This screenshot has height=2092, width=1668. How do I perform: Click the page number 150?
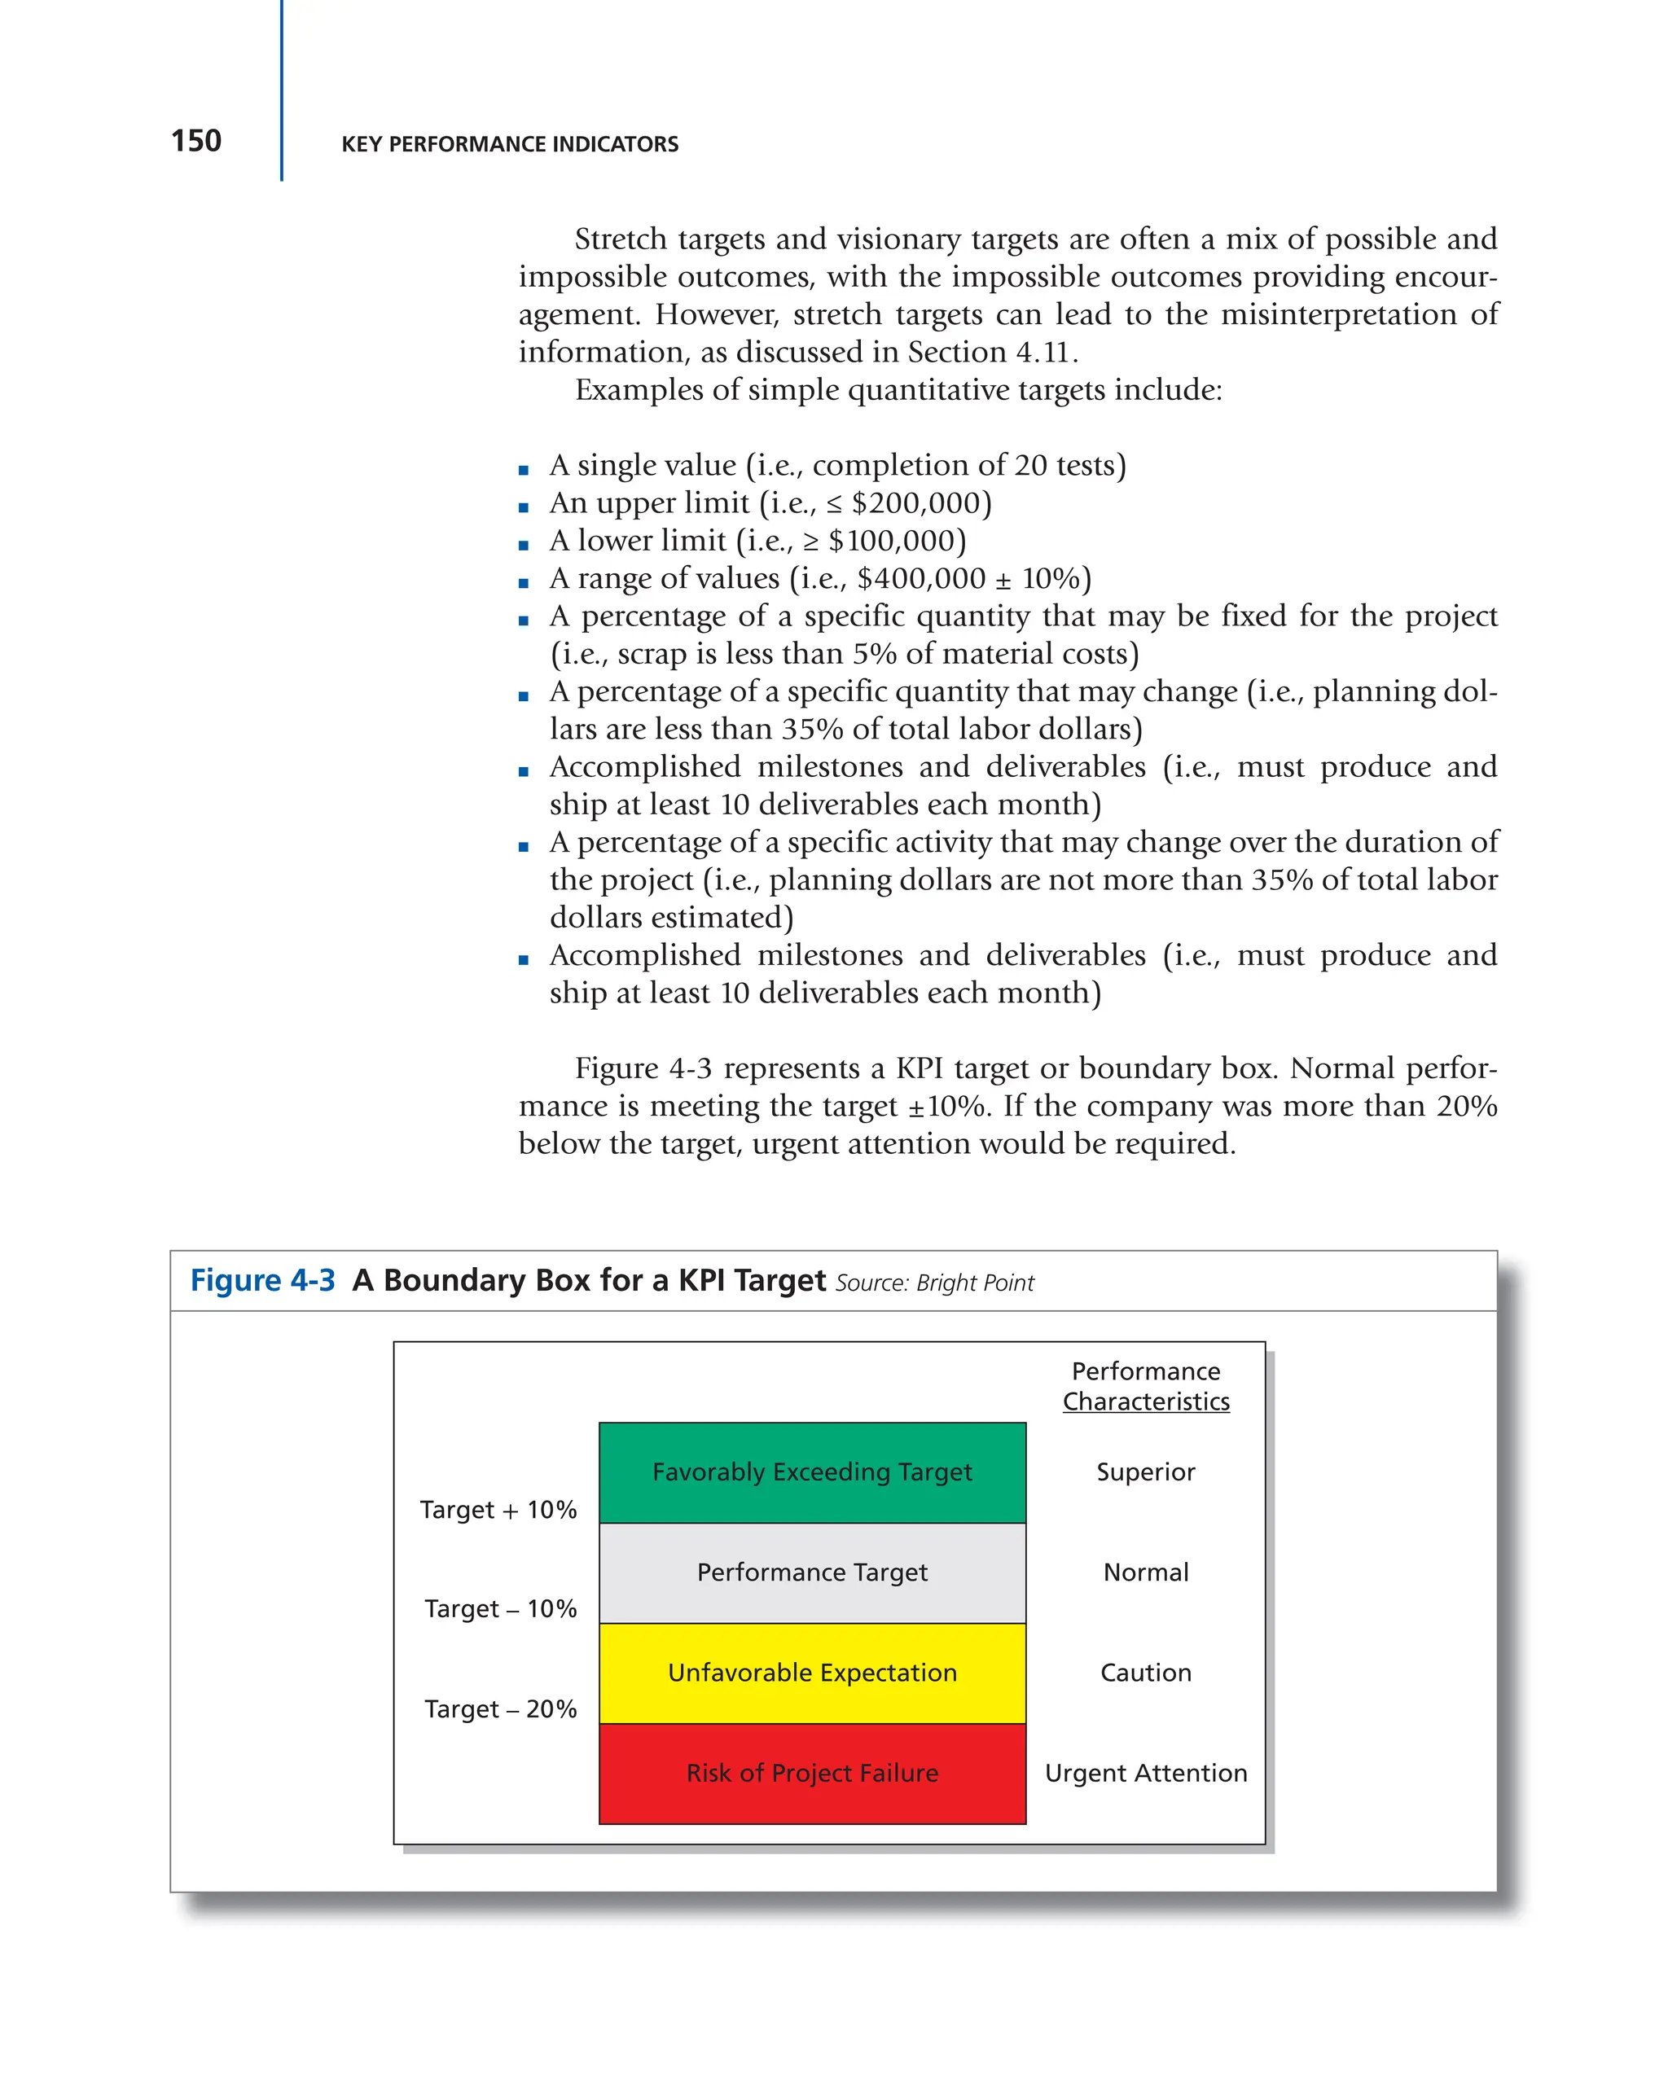[x=196, y=142]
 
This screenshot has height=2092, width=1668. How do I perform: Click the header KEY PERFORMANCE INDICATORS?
[x=509, y=145]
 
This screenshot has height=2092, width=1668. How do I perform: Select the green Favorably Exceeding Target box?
[x=811, y=1472]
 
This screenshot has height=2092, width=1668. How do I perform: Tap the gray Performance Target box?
[x=811, y=1572]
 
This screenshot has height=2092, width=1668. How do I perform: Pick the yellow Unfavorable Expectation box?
[x=811, y=1673]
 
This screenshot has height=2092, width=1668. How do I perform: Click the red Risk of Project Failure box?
[x=811, y=1773]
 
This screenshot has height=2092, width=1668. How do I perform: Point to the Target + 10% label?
[x=498, y=1510]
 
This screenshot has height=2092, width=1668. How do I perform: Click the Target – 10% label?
[x=500, y=1609]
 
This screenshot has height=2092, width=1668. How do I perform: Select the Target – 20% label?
[x=500, y=1708]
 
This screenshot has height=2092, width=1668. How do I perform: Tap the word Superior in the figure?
[x=1145, y=1472]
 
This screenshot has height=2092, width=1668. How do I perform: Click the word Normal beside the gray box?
[x=1145, y=1572]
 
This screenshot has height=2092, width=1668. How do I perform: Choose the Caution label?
[x=1145, y=1673]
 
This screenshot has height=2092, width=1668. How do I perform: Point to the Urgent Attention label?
[x=1145, y=1773]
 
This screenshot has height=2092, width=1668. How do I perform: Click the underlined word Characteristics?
[x=1145, y=1402]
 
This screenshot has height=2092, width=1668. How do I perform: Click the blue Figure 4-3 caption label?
[x=262, y=1281]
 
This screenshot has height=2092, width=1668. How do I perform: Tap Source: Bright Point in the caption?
[x=934, y=1283]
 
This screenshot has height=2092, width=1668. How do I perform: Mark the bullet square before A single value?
[x=524, y=471]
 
